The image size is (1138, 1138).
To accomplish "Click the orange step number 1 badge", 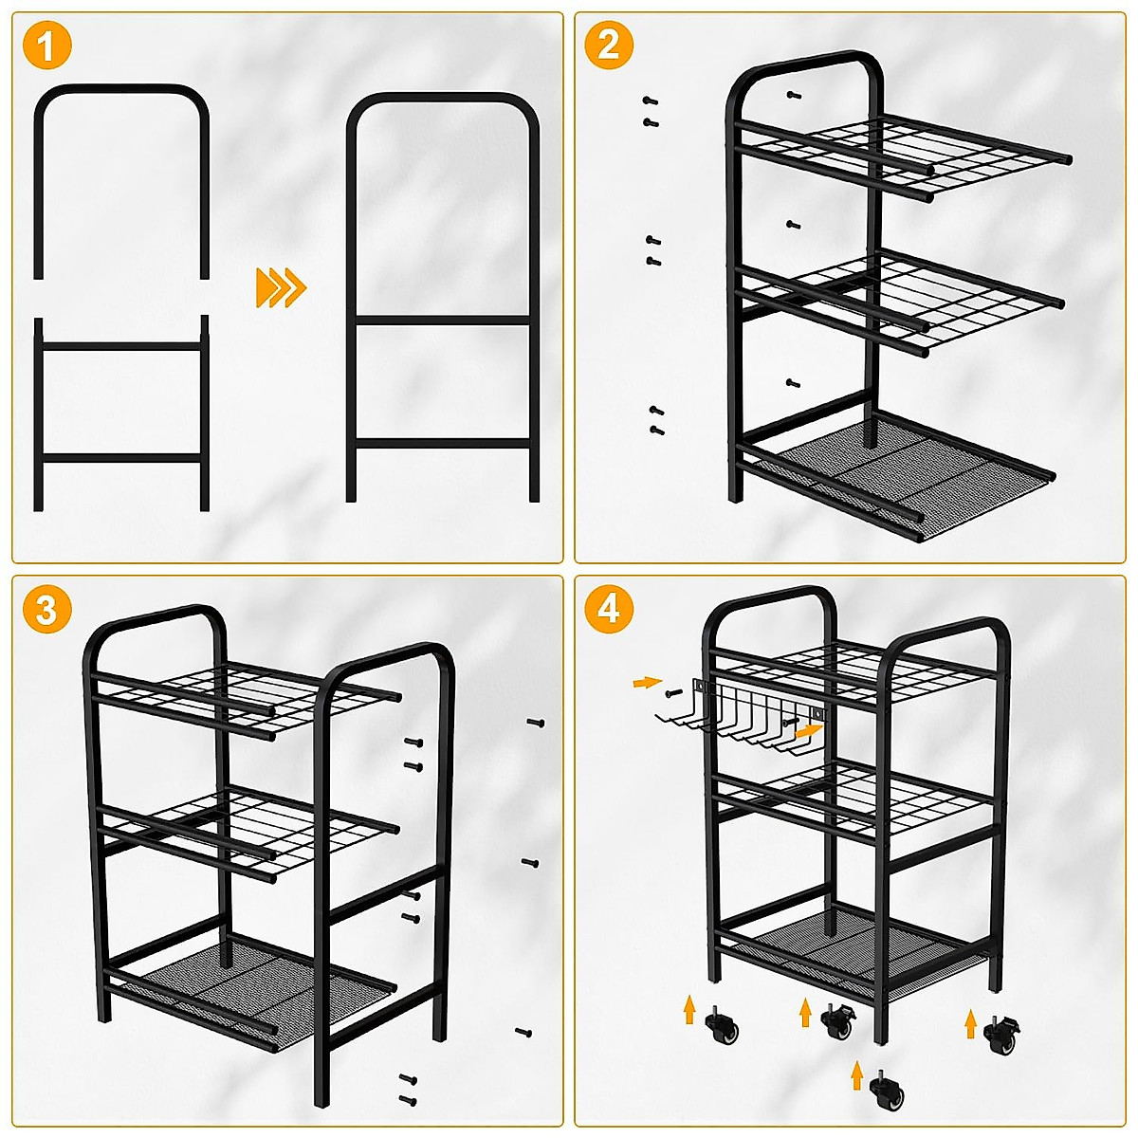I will point(46,46).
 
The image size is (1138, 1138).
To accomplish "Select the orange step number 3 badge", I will point(46,610).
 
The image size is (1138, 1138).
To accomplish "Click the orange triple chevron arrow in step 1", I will point(281,287).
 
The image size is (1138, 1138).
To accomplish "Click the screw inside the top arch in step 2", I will point(794,95).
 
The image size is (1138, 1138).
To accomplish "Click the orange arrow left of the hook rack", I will point(647,682).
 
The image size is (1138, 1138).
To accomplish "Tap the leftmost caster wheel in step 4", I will point(723,1026).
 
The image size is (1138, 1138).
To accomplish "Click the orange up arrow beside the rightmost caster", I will point(970,1023).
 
